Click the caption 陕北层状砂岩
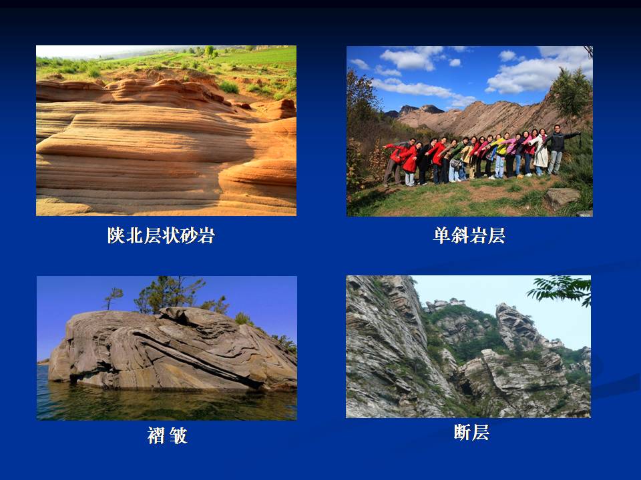pyautogui.click(x=161, y=235)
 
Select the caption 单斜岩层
pyautogui.click(x=469, y=235)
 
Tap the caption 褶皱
pyautogui.click(x=167, y=435)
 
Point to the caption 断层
pyautogui.click(x=471, y=432)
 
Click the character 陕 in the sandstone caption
pyautogui.click(x=116, y=235)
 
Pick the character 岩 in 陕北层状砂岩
pyautogui.click(x=206, y=235)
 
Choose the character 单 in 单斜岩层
pyautogui.click(x=442, y=235)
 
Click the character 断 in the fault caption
pyautogui.click(x=462, y=432)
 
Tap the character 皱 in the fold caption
pyautogui.click(x=179, y=435)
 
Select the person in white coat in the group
pyautogui.click(x=541, y=152)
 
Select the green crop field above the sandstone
pyautogui.click(x=254, y=57)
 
